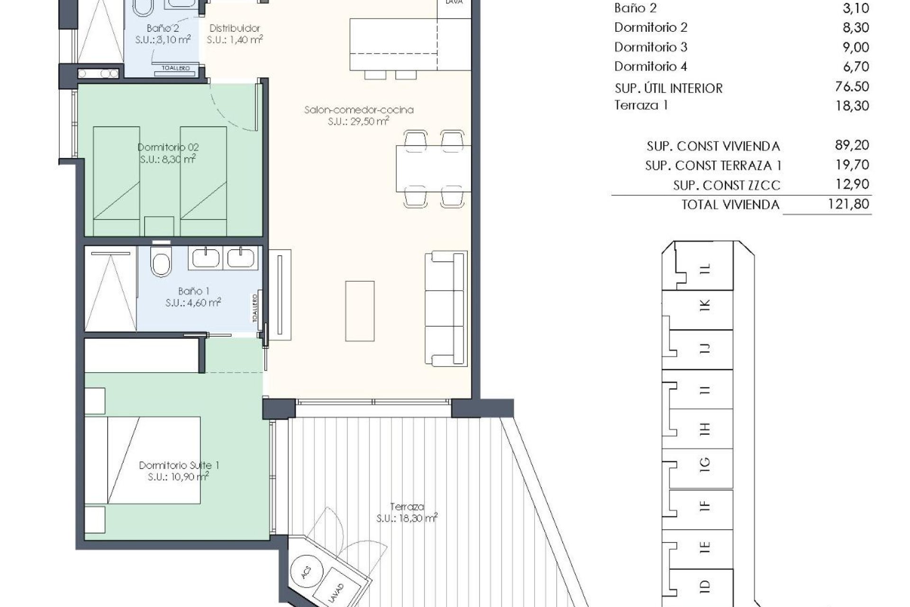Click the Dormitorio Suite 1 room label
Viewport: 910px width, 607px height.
[173, 465]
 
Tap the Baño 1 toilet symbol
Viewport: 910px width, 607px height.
[160, 263]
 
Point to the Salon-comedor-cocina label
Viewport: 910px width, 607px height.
[359, 110]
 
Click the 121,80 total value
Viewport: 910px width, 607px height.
[852, 204]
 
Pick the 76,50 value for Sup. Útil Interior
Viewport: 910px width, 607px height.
[852, 86]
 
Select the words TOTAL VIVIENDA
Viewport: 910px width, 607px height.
[730, 205]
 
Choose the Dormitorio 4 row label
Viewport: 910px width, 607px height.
[650, 66]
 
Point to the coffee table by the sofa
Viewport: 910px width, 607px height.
[360, 311]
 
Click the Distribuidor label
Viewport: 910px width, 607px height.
[235, 28]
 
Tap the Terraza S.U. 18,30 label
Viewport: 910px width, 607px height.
[407, 513]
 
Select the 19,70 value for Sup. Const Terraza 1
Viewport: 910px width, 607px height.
[852, 165]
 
